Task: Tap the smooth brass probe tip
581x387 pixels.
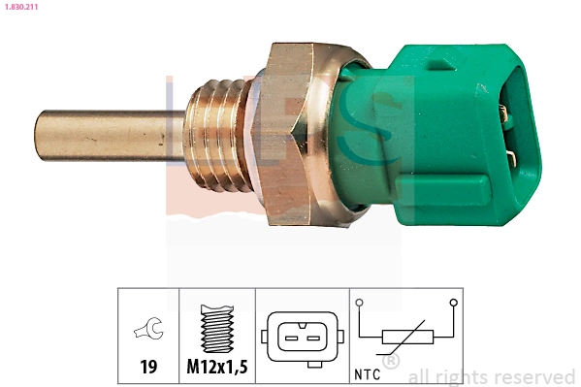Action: [x=97, y=135]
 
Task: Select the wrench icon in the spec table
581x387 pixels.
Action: [x=147, y=332]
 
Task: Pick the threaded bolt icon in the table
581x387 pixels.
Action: [x=217, y=330]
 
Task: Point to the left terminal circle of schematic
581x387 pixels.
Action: [x=360, y=303]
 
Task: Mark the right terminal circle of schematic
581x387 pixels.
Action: [x=452, y=303]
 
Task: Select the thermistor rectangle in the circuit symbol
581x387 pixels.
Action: [x=405, y=338]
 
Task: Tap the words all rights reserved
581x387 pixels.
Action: [x=492, y=376]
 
